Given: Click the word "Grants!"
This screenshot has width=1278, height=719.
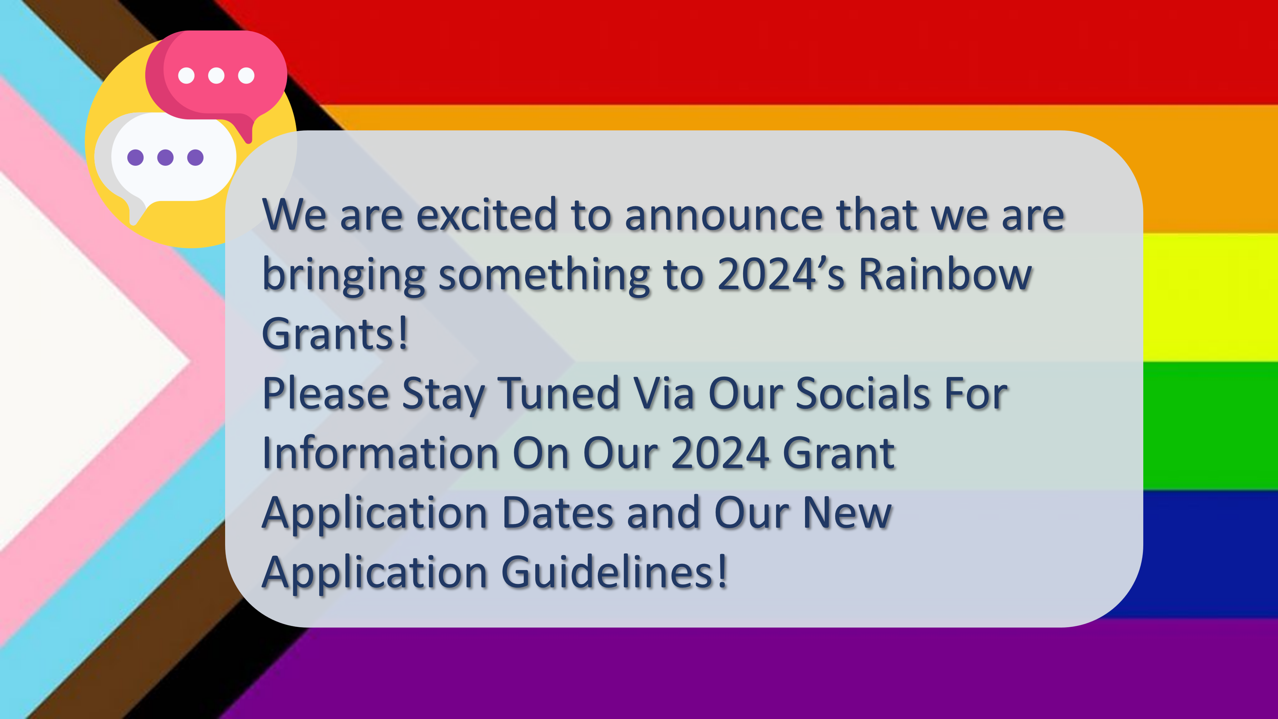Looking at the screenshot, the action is click(x=335, y=334).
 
